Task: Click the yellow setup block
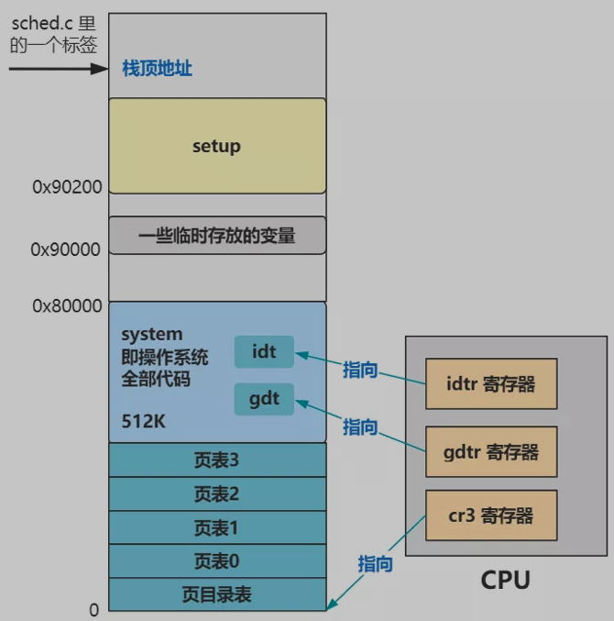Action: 217,146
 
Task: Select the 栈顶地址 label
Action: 157,69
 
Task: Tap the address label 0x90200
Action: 67,187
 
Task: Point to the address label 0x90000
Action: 66,250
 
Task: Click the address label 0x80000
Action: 67,306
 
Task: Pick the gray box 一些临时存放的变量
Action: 217,236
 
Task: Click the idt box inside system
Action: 264,352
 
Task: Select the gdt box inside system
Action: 264,399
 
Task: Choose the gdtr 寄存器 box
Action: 491,451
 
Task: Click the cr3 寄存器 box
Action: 491,516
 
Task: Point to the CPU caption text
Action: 505,580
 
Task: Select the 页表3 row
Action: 217,460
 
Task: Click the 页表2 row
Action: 217,494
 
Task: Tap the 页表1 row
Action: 217,527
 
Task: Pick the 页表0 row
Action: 217,561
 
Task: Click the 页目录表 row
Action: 217,594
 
